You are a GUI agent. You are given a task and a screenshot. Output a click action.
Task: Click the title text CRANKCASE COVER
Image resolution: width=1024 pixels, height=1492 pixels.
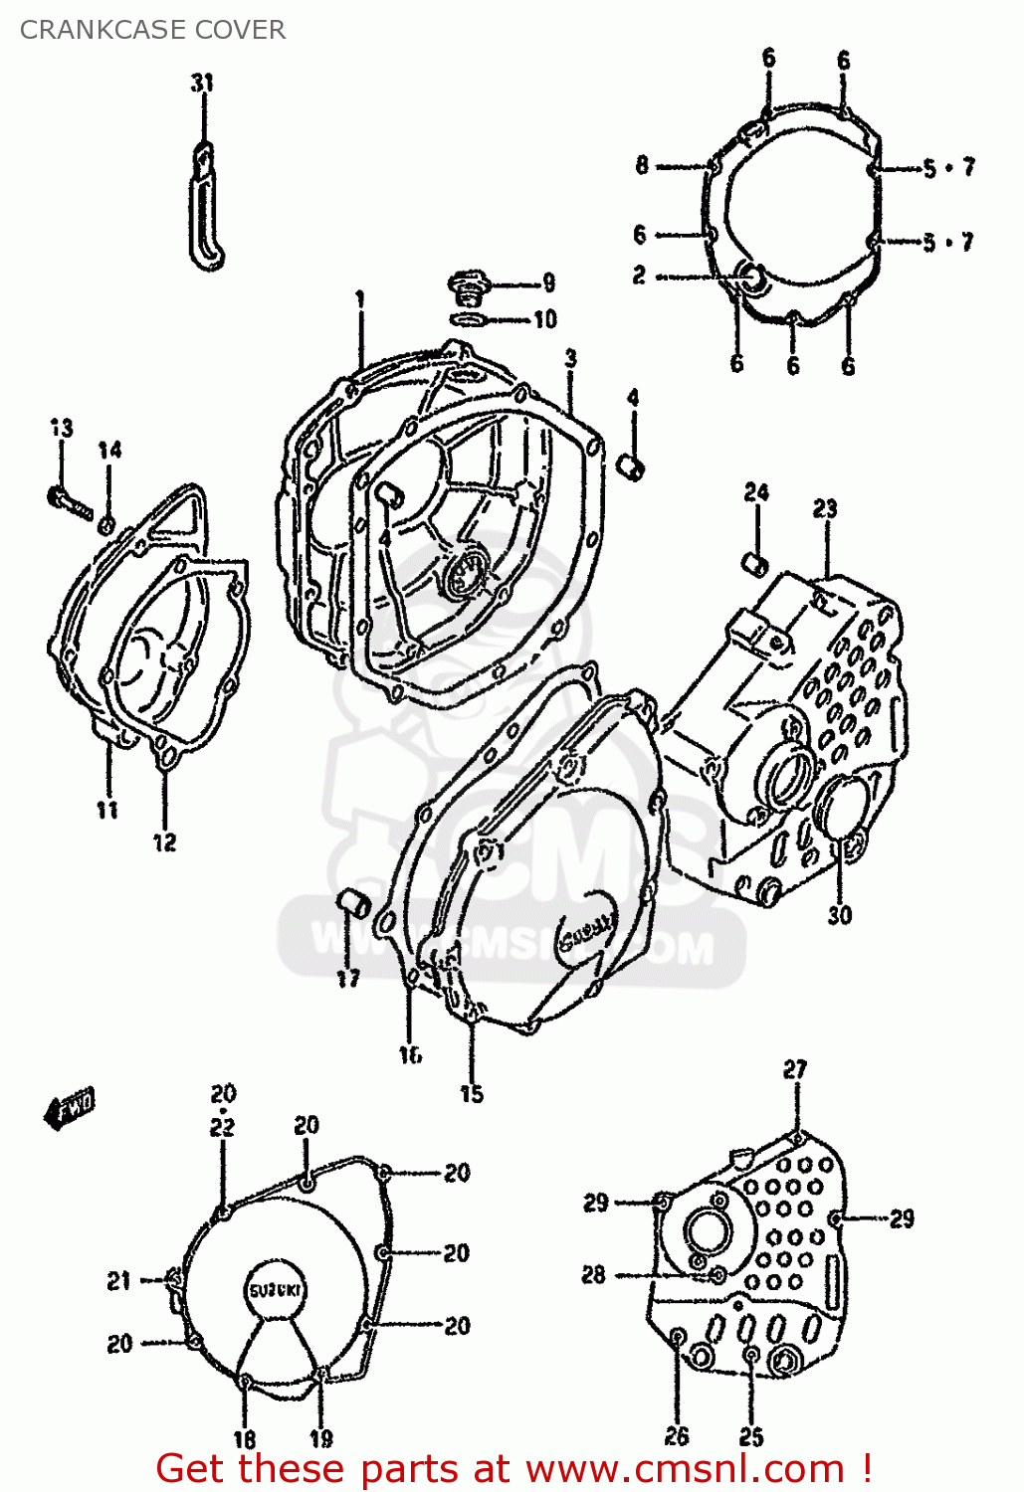coord(152,30)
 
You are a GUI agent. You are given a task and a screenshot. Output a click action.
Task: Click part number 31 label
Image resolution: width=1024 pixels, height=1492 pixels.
coord(202,83)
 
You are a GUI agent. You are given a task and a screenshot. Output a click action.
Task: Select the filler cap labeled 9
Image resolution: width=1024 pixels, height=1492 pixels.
coord(465,288)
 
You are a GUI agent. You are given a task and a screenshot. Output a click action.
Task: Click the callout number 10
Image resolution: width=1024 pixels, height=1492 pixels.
coord(544,320)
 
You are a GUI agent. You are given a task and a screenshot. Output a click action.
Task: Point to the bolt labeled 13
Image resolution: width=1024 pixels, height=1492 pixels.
coord(68,499)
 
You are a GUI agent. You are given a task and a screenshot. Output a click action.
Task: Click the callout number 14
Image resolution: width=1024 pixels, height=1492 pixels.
coord(109,451)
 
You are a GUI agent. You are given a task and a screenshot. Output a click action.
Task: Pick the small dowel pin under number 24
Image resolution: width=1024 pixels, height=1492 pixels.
coord(755,564)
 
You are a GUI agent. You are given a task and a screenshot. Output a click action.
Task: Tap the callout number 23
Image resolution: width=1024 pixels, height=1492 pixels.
coord(825,509)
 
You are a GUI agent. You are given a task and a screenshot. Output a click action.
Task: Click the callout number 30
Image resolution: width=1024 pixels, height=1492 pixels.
coord(839,915)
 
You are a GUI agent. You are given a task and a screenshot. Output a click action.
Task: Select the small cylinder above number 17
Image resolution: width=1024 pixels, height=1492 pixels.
coord(351,903)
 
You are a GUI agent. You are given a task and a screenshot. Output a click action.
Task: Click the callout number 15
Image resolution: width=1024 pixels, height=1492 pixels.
coord(472,1094)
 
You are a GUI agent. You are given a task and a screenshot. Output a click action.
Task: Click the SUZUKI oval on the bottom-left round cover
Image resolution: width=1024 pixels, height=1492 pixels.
coord(276,1291)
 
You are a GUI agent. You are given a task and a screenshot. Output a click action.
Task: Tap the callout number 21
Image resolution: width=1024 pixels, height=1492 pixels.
coord(119,1281)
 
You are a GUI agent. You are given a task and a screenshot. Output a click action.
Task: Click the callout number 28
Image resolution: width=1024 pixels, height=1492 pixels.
coord(593,1274)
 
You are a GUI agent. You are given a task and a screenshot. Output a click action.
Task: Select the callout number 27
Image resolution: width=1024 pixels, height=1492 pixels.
coord(794,1069)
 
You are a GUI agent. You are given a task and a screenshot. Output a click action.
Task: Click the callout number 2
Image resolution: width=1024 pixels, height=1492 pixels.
coord(639,276)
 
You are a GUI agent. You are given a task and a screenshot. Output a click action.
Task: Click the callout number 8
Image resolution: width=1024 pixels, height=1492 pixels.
coord(642,165)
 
